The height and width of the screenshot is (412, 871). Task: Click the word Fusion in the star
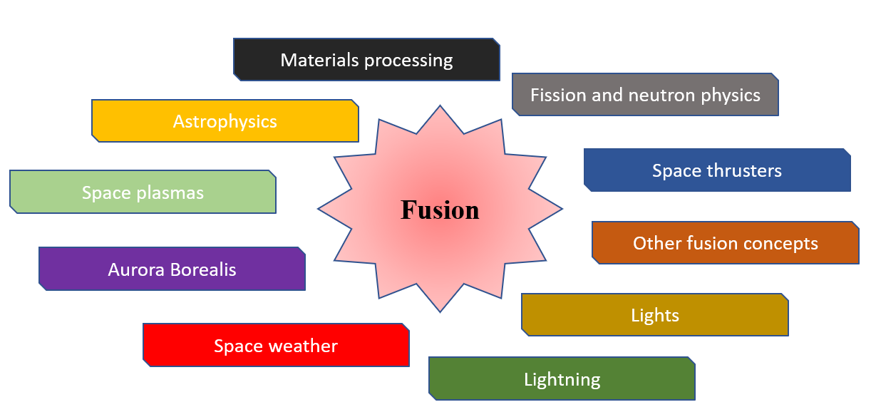click(x=440, y=210)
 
